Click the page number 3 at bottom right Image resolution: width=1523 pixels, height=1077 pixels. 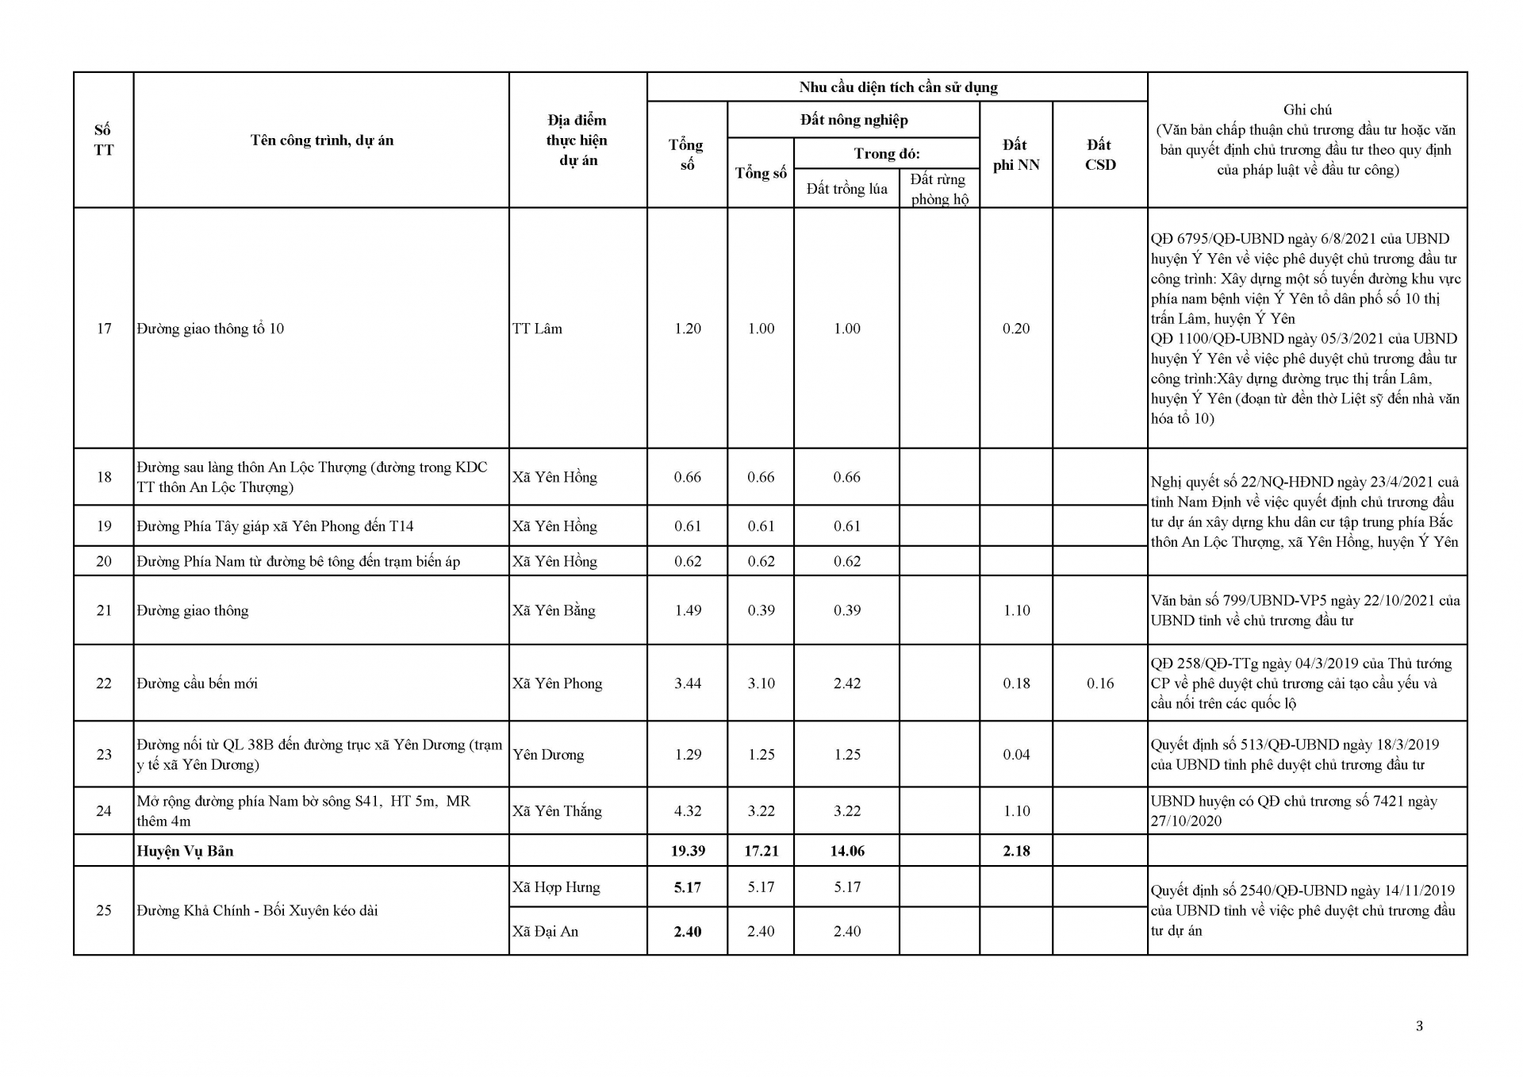point(1419,1026)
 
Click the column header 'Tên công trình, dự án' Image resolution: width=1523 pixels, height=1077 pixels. point(322,140)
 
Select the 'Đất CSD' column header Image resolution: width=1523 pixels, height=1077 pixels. point(1099,155)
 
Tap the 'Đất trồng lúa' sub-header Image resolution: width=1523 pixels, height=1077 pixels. point(846,189)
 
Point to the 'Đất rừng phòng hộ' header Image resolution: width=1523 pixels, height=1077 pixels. point(939,189)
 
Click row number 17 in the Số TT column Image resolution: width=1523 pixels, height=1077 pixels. point(104,329)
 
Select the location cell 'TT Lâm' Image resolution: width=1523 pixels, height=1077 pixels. point(537,329)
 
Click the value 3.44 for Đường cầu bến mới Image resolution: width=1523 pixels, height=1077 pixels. point(688,683)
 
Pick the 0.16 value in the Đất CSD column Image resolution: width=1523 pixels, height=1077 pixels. point(1100,683)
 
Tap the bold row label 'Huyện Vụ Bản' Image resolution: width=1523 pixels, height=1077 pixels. point(185,851)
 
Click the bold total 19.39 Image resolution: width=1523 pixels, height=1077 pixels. point(688,851)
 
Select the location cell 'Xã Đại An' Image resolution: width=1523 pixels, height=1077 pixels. point(545,932)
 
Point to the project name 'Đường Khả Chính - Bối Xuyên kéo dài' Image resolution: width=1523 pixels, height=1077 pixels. point(257,910)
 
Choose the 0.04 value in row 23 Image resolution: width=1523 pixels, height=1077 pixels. point(1016,755)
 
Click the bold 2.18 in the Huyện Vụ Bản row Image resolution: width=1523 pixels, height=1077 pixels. point(1016,851)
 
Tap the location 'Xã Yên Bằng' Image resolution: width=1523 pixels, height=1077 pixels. point(554,610)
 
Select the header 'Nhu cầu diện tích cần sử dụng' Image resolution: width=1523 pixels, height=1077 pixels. point(898,87)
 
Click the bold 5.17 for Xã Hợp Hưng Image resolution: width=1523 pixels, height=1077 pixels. point(688,887)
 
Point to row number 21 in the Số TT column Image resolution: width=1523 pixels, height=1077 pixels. point(104,610)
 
